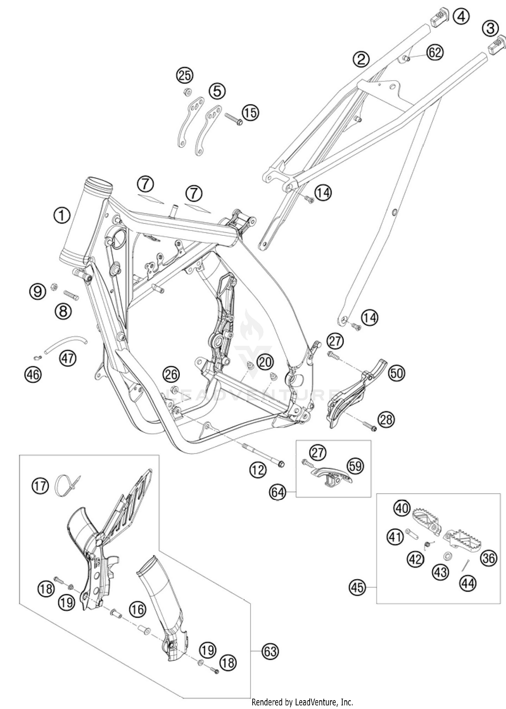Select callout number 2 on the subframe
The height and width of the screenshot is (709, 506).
click(361, 59)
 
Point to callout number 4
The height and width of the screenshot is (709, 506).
click(461, 17)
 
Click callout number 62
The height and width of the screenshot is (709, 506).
click(435, 53)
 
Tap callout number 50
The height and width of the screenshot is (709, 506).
click(396, 373)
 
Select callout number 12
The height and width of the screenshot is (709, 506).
click(258, 470)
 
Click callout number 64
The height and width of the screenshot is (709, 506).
click(278, 493)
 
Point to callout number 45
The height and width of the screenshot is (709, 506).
click(358, 588)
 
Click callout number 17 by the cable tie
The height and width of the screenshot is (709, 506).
click(40, 487)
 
